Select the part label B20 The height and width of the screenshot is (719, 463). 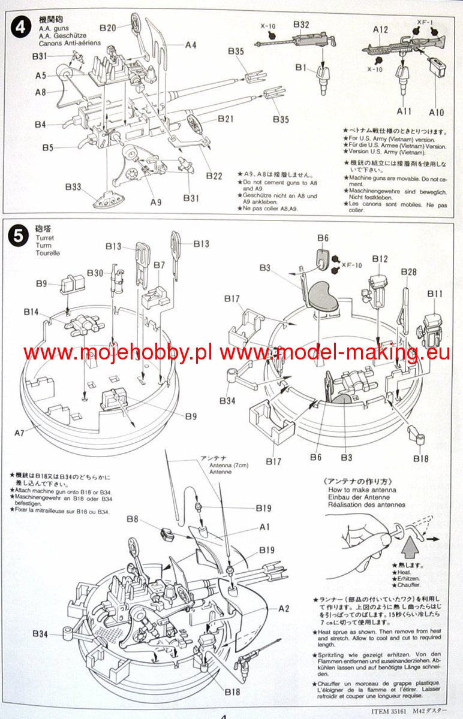(x=108, y=28)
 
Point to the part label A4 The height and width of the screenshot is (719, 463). (x=191, y=44)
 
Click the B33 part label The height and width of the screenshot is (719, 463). (x=73, y=187)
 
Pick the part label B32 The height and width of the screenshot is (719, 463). (x=300, y=25)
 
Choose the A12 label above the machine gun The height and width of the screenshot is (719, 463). (x=381, y=29)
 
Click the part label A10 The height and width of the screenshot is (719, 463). (x=437, y=112)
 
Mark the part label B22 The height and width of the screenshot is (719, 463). (x=214, y=176)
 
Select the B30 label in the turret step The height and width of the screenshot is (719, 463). (x=95, y=273)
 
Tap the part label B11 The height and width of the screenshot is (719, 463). (x=435, y=294)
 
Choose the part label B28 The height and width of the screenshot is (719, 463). (x=408, y=272)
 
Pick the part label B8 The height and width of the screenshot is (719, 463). (x=133, y=519)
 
